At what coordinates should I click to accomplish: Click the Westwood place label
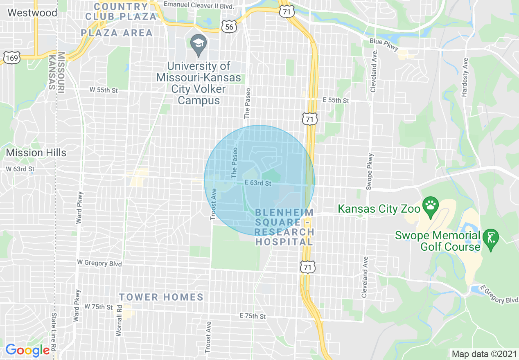click(32, 13)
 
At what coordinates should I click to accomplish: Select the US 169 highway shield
click(12, 58)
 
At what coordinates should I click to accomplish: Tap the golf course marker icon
click(491, 239)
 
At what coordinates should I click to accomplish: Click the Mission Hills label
click(36, 153)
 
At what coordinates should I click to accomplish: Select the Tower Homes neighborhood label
click(161, 297)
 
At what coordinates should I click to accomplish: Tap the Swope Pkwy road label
click(370, 171)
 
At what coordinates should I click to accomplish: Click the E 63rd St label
click(258, 183)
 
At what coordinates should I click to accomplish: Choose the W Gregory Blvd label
click(99, 263)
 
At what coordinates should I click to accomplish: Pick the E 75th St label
click(253, 316)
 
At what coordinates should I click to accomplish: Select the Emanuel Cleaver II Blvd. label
click(199, 6)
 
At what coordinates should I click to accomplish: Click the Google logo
click(27, 351)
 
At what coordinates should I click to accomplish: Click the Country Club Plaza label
click(121, 11)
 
